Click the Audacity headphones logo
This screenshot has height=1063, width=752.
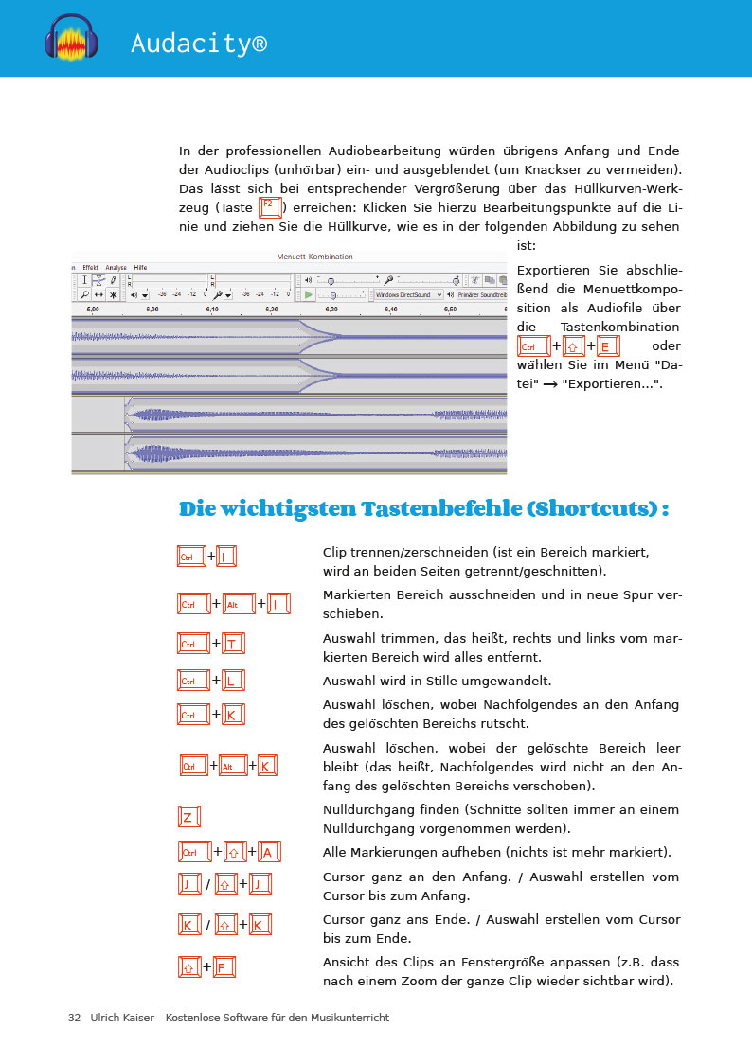tap(72, 39)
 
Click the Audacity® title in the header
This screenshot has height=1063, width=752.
tap(199, 44)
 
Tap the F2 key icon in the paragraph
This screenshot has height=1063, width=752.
tap(269, 206)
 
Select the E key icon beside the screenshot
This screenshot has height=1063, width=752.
tap(609, 346)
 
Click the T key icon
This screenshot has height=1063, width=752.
tap(232, 644)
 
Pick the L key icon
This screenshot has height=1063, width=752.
tap(232, 681)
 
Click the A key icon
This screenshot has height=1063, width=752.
tap(268, 852)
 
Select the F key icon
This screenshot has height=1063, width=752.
tap(224, 967)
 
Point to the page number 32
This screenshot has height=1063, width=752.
tap(74, 1018)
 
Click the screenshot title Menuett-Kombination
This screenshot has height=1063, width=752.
tap(314, 257)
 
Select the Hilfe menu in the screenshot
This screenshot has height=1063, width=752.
tap(141, 268)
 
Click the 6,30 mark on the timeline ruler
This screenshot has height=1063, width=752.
tap(331, 309)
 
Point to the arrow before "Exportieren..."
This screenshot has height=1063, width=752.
tap(549, 384)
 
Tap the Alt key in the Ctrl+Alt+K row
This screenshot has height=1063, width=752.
tap(232, 766)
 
